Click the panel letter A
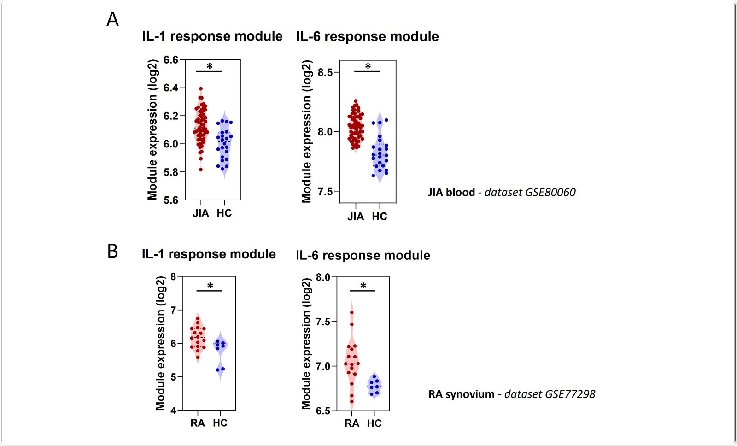[x=112, y=20]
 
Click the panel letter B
[x=112, y=252]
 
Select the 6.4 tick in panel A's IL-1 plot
[x=171, y=88]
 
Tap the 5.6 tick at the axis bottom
[x=171, y=200]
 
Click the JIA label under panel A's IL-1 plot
[x=201, y=213]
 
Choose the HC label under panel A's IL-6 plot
[x=380, y=217]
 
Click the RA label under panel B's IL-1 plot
[x=198, y=423]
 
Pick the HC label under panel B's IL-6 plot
[x=374, y=423]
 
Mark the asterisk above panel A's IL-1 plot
[x=210, y=67]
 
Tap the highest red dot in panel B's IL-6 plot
[x=352, y=312]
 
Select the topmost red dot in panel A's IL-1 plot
[x=201, y=89]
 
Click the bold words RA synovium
[x=461, y=394]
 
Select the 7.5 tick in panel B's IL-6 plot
[x=323, y=322]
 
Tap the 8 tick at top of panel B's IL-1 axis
[x=173, y=276]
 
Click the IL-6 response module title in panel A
[x=367, y=37]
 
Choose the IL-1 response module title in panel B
[x=209, y=254]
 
